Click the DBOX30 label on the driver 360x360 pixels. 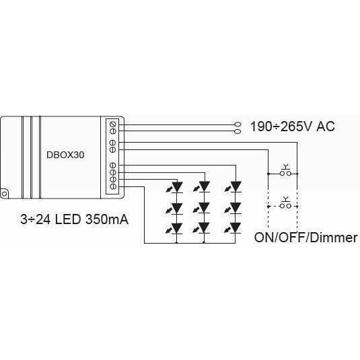[65, 155]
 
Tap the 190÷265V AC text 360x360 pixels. [292, 127]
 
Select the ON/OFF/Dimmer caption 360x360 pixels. [305, 238]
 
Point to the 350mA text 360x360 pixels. [107, 219]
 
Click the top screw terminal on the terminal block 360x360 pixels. [113, 124]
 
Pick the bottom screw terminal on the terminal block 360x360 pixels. [113, 186]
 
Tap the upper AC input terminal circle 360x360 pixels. [238, 124]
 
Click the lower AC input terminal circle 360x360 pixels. [238, 131]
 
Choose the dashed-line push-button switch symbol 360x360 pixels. [285, 204]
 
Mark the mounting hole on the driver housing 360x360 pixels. [4, 194]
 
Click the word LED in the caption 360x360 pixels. [68, 219]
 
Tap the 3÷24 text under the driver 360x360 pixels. [36, 219]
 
